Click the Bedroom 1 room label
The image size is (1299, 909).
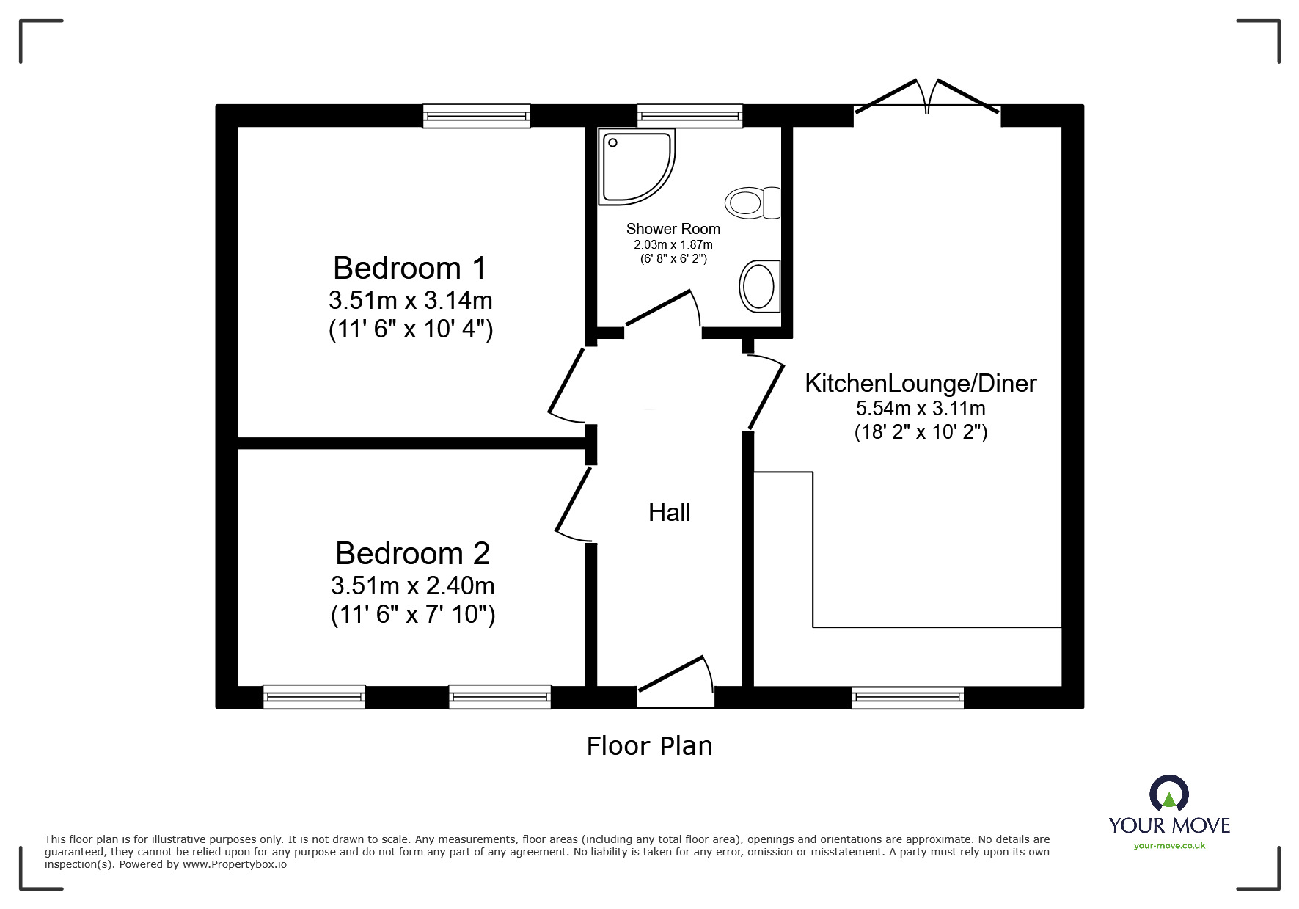(x=409, y=269)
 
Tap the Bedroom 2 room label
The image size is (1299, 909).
(x=412, y=554)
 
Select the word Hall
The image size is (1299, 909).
(x=669, y=513)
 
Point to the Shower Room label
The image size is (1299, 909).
(x=673, y=230)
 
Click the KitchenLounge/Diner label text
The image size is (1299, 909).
(x=921, y=384)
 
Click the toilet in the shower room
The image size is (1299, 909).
(x=753, y=202)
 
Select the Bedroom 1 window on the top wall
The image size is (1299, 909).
(x=477, y=116)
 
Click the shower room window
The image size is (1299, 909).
(x=689, y=116)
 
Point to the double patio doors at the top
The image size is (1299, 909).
(x=927, y=99)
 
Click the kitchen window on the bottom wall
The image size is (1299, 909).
(x=907, y=697)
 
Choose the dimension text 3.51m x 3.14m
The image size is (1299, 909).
(x=410, y=301)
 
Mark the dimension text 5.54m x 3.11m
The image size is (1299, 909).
(x=921, y=409)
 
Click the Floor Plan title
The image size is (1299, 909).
(x=649, y=747)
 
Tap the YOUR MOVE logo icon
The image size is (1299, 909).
(x=1168, y=795)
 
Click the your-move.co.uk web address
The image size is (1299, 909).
(x=1169, y=846)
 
